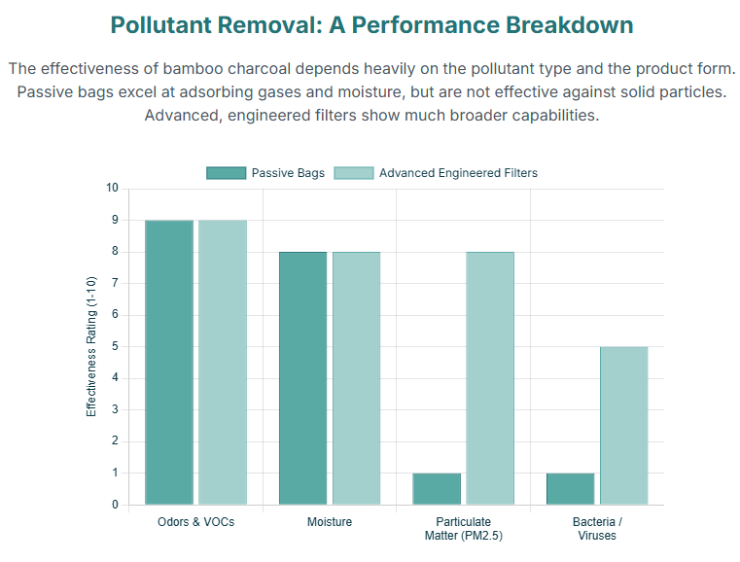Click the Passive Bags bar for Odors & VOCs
click(169, 362)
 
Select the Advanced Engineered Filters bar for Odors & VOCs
click(223, 362)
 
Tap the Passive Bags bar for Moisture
click(302, 377)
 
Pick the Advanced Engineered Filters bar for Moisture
click(356, 377)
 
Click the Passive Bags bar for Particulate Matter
click(437, 489)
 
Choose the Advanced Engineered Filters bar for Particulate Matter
click(489, 377)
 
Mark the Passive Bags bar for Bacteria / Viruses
click(570, 489)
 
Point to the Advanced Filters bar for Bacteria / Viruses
click(623, 425)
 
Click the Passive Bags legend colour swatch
click(226, 173)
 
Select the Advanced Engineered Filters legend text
click(458, 173)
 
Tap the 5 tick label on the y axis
click(116, 346)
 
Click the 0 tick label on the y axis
click(116, 505)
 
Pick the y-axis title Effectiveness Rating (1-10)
click(92, 346)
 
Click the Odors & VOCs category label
click(195, 522)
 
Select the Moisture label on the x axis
click(330, 522)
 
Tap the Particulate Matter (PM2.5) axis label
click(463, 529)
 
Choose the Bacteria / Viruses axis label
click(596, 529)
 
